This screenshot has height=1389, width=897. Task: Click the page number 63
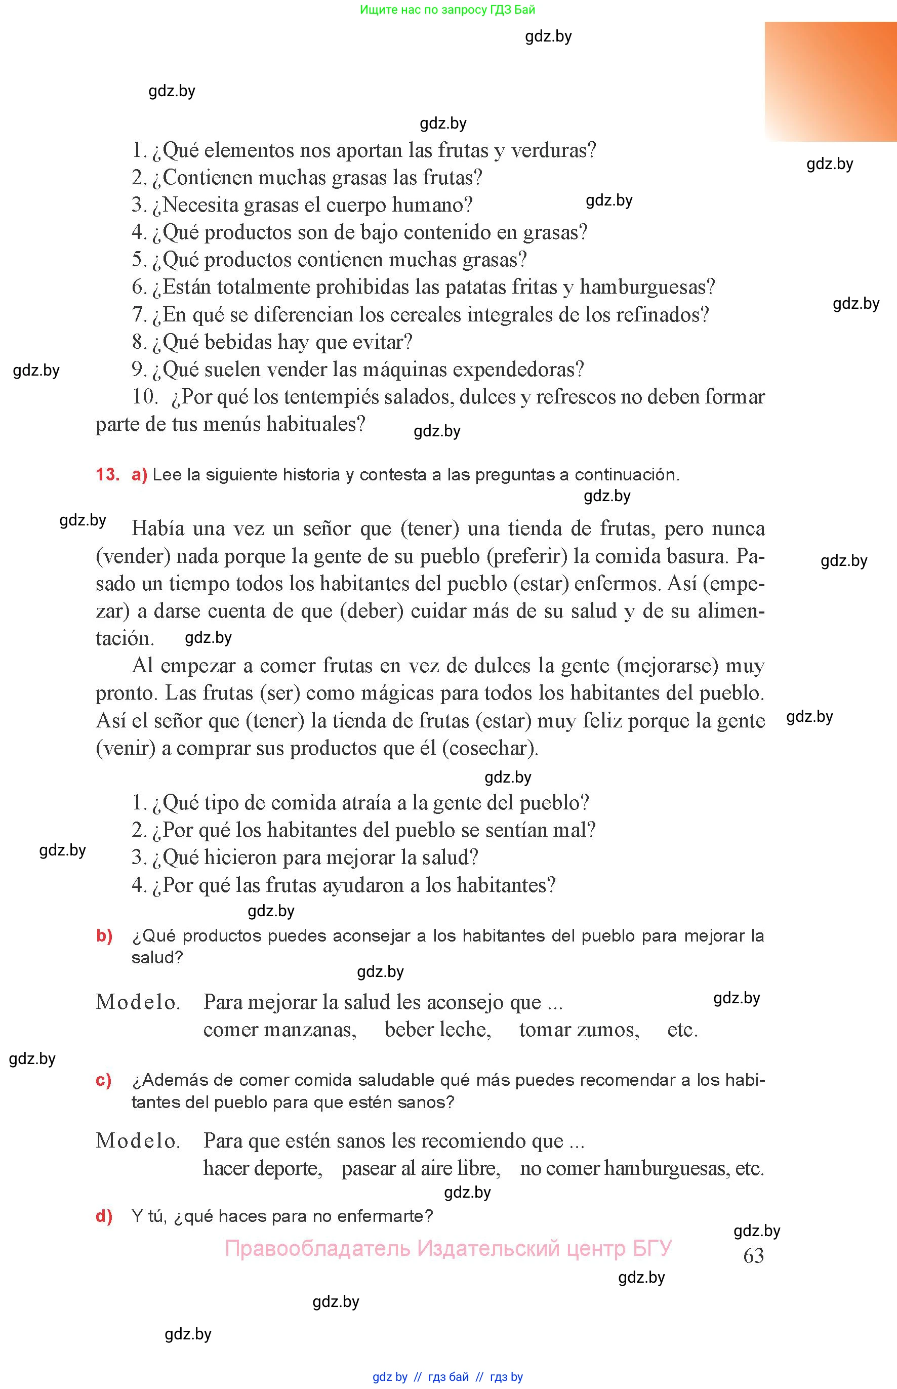point(753,1256)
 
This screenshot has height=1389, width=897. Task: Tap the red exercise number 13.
point(107,475)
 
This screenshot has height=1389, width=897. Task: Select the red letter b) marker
point(104,936)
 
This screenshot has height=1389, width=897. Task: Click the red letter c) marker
point(104,1080)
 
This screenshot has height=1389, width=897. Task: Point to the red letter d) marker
point(104,1216)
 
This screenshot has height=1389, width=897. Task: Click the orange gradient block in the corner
point(831,81)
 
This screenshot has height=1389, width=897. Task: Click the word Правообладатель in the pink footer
point(317,1248)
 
